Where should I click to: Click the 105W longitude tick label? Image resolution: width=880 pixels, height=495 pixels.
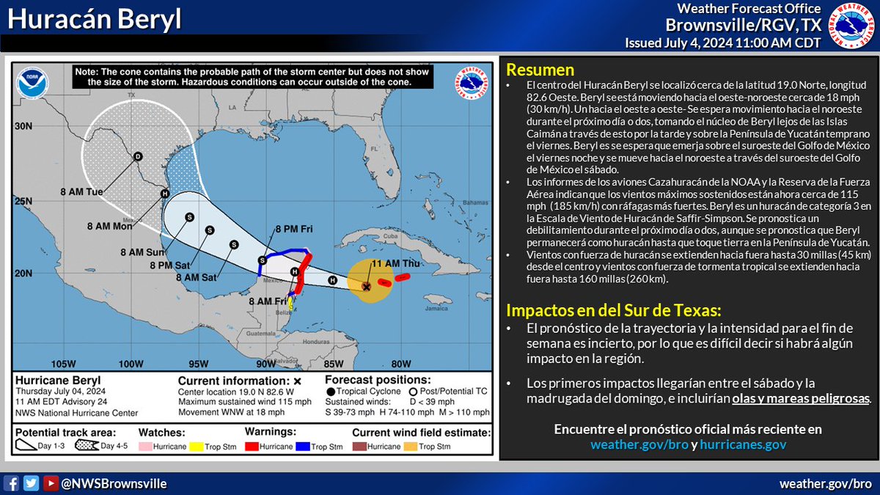(x=64, y=364)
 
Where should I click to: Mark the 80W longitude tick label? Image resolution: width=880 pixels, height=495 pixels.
(x=400, y=364)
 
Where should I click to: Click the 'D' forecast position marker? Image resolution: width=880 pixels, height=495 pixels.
(x=136, y=156)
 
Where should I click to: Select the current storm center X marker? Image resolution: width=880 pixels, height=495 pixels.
(x=366, y=287)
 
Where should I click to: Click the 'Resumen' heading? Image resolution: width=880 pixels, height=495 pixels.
(x=540, y=70)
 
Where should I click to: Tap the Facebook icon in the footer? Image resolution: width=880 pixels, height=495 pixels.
(x=12, y=483)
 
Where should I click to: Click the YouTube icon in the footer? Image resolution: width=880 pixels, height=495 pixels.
(x=50, y=483)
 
